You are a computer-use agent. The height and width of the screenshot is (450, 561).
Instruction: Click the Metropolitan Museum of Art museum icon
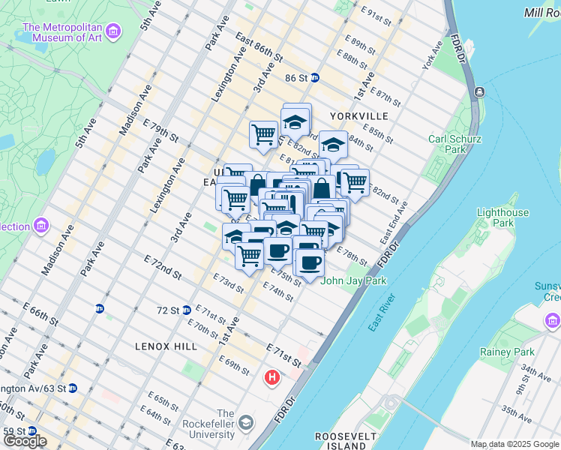coord(112,31)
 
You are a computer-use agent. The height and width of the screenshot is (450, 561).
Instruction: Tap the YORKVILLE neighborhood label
coord(359,116)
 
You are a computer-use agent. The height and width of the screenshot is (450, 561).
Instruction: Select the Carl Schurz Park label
coord(454,144)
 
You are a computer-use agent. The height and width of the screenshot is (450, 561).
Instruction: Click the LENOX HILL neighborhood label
coord(166,346)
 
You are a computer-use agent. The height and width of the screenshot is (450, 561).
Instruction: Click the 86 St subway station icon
coord(316,77)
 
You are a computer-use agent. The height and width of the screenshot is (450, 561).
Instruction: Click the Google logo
coord(24,441)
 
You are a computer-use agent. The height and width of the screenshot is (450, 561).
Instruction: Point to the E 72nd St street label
coord(163,265)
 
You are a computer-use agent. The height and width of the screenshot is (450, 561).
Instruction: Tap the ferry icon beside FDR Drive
coord(478,92)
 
